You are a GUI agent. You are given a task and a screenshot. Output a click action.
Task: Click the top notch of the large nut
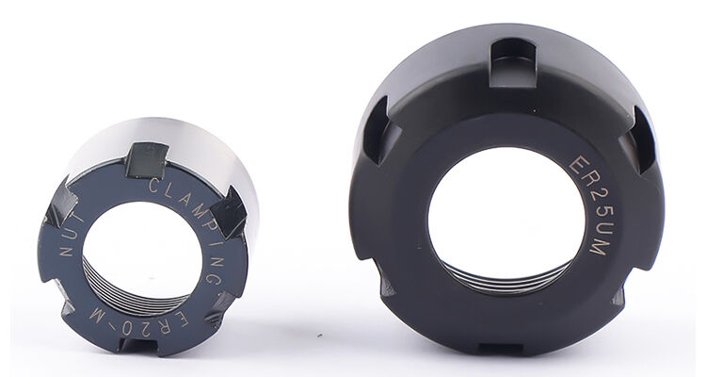[513, 63]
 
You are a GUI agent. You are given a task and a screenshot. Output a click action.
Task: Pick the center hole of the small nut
[142, 253]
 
